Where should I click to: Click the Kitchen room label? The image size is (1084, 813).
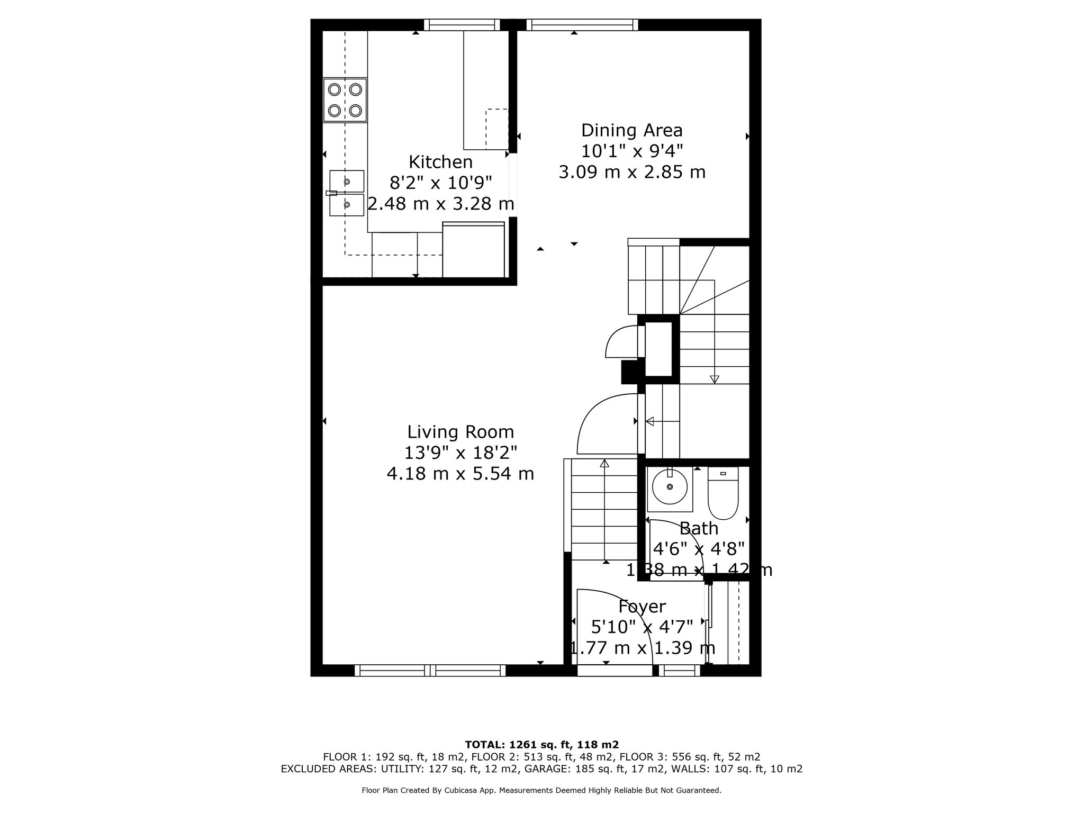point(440,161)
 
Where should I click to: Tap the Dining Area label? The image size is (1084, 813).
point(631,130)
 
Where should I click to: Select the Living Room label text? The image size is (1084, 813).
point(460,432)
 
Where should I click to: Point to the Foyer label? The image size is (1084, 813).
point(642,607)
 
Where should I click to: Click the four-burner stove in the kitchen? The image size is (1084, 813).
point(345,100)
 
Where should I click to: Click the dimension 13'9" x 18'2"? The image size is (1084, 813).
point(460,453)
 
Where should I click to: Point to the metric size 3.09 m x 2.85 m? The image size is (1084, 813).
point(632,172)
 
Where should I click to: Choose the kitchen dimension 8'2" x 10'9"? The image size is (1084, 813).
point(440,183)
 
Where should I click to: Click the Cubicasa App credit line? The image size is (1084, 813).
point(541,790)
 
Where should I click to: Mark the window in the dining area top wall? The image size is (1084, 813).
point(582,25)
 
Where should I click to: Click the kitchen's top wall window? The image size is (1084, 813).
point(462,25)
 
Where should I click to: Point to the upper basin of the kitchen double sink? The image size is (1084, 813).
point(347,181)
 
